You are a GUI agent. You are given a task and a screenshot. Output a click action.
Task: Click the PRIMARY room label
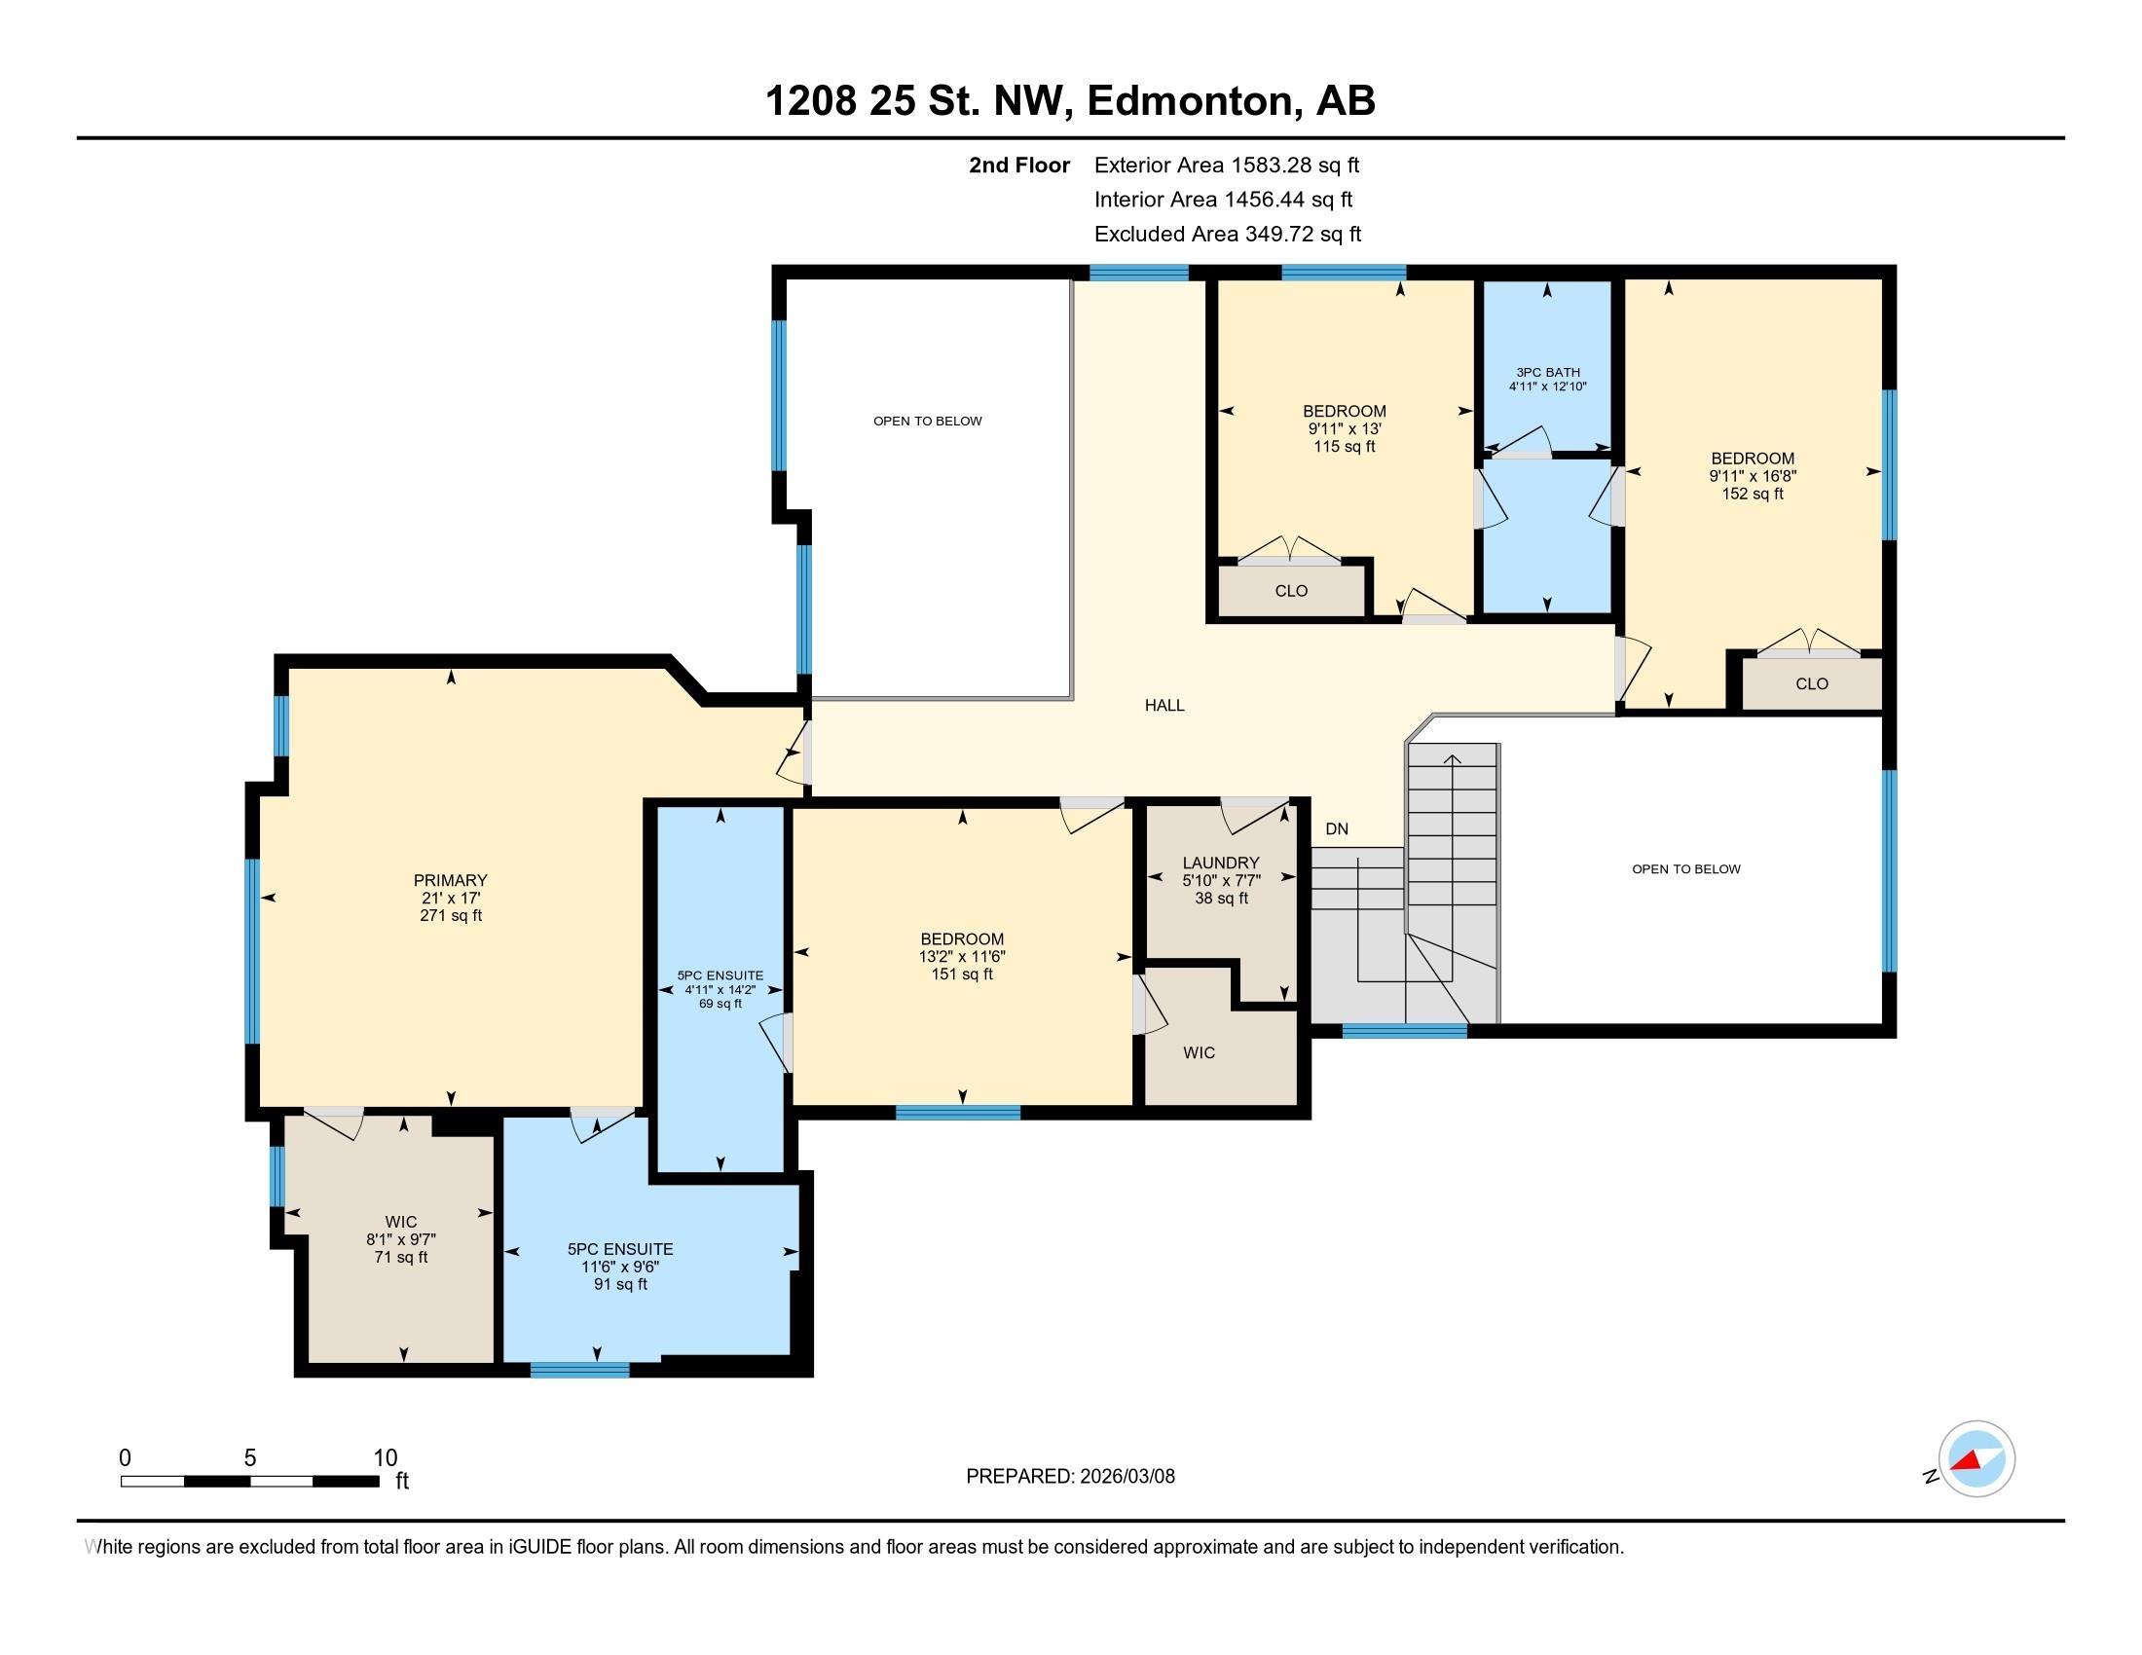(x=450, y=880)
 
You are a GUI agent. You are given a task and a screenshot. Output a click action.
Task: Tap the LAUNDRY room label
(x=1220, y=863)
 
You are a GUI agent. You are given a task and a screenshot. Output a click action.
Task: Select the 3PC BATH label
(x=1548, y=373)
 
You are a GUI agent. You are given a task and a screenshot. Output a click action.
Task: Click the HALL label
(x=1164, y=705)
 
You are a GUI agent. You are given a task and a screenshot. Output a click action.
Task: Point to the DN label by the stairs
(x=1337, y=828)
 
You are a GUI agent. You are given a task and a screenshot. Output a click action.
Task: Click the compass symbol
(x=1976, y=1459)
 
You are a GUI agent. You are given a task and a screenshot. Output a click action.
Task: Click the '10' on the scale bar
(x=386, y=1458)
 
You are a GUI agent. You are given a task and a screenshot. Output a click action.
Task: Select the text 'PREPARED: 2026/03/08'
(x=1070, y=1476)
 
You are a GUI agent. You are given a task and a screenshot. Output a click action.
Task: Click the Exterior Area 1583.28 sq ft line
(x=1226, y=165)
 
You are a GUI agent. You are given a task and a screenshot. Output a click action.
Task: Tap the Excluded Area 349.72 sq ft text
(x=1227, y=234)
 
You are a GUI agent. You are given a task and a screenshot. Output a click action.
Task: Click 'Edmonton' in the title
(x=1189, y=101)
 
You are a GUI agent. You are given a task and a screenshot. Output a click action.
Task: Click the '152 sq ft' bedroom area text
(x=1753, y=494)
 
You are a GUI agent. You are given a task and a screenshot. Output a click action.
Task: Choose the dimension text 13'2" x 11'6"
(x=962, y=956)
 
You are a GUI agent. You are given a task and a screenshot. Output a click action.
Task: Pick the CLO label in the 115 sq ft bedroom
(x=1291, y=590)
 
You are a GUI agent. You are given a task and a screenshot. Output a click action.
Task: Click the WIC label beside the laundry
(x=1199, y=1052)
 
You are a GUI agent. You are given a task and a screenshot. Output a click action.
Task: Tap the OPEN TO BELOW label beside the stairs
(x=1686, y=868)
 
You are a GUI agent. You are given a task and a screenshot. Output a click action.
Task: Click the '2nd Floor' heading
(x=1019, y=165)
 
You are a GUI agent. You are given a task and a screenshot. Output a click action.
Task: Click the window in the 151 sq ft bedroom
(x=958, y=1112)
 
